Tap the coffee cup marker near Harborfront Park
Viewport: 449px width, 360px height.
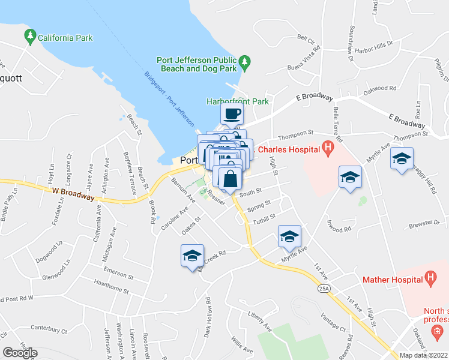(233, 113)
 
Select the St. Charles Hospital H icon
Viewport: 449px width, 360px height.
(328, 146)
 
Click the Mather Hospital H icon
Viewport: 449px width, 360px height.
(430, 278)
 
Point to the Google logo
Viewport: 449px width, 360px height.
(20, 353)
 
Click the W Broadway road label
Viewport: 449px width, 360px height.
(73, 193)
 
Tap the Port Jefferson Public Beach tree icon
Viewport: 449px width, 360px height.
(244, 62)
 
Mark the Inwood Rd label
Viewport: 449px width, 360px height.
(339, 229)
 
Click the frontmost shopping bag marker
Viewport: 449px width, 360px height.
(231, 179)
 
